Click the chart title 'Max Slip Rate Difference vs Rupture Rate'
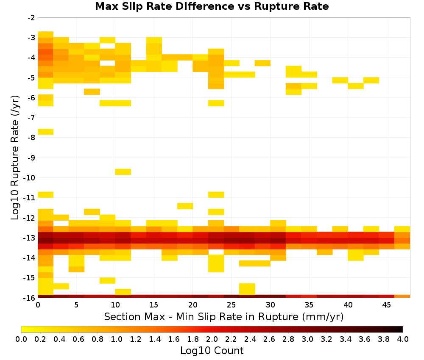pyautogui.click(x=212, y=6)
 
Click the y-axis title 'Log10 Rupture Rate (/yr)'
pyautogui.click(x=15, y=158)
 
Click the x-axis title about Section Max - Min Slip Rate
pyautogui.click(x=223, y=316)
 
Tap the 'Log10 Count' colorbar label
pyautogui.click(x=212, y=351)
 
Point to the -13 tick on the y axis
pyautogui.click(x=31, y=238)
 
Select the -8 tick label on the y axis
pyautogui.click(x=31, y=138)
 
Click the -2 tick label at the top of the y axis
pyautogui.click(x=31, y=18)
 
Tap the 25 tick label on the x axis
pyautogui.click(x=231, y=305)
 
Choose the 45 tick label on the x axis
pyautogui.click(x=386, y=305)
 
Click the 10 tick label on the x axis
pyautogui.click(x=115, y=305)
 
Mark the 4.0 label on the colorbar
pyautogui.click(x=403, y=339)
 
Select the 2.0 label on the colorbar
pyautogui.click(x=212, y=339)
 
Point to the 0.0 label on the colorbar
pyautogui.click(x=21, y=339)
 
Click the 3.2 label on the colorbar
pyautogui.click(x=326, y=339)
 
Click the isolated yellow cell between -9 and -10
pyautogui.click(x=123, y=172)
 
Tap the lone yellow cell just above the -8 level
pyautogui.click(x=46, y=132)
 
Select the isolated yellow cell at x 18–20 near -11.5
pyautogui.click(x=185, y=206)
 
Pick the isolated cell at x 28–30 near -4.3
pyautogui.click(x=262, y=63)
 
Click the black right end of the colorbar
pyautogui.click(x=401, y=329)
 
